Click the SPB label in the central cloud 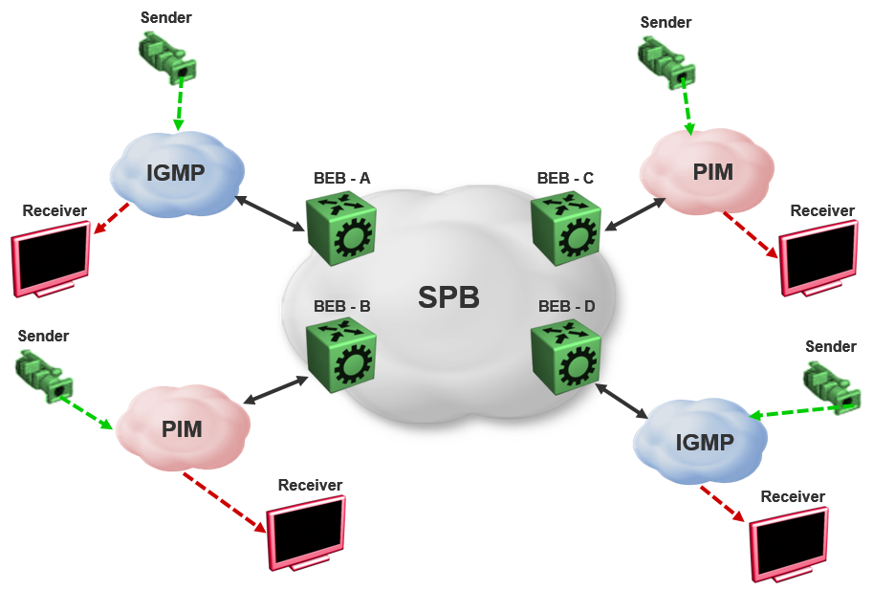[448, 297]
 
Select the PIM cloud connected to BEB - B [182, 427]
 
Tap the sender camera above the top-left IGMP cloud [168, 56]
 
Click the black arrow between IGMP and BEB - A [270, 213]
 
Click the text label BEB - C [565, 178]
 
